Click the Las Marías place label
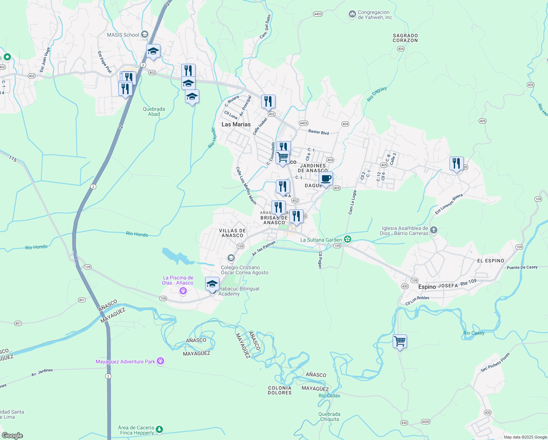click(236, 124)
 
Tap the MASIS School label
click(123, 35)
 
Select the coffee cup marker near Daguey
click(326, 179)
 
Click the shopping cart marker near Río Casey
click(400, 341)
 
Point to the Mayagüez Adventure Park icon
click(160, 362)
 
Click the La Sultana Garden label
click(321, 240)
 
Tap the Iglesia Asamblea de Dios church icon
click(434, 230)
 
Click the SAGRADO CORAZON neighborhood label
click(405, 38)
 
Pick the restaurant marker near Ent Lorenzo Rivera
click(456, 164)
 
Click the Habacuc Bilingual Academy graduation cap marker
click(212, 284)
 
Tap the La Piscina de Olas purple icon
click(183, 291)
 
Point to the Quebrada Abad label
click(154, 111)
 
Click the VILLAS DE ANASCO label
click(232, 233)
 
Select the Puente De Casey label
click(522, 267)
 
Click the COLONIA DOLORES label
click(279, 390)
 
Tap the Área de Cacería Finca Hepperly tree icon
click(159, 429)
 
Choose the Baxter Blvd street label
click(318, 132)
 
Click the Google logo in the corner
click(12, 436)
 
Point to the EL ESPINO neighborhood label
click(490, 261)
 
